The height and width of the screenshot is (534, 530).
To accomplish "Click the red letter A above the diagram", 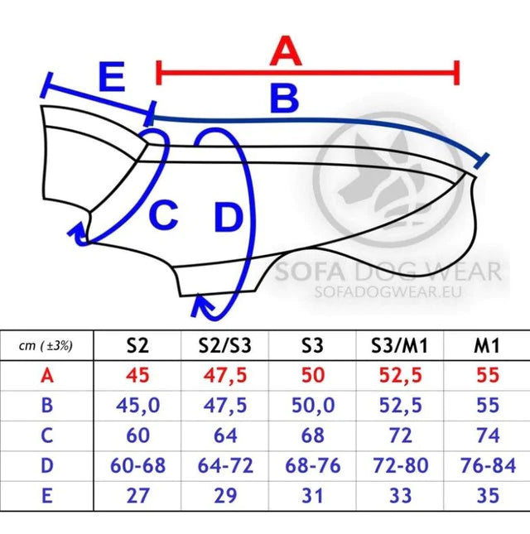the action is pyautogui.click(x=286, y=51).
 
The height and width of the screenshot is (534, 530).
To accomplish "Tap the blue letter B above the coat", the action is pyautogui.click(x=284, y=99).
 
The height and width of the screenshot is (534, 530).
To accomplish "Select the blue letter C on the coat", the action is pyautogui.click(x=163, y=215).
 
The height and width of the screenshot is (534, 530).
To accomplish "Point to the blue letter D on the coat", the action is pyautogui.click(x=229, y=217).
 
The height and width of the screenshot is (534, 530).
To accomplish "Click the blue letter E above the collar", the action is pyautogui.click(x=111, y=77).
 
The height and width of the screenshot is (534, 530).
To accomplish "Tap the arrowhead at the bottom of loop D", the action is pyautogui.click(x=201, y=305).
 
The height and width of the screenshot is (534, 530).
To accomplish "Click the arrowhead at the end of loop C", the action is pyautogui.click(x=79, y=234).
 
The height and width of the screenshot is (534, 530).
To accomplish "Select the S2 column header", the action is pyautogui.click(x=137, y=345).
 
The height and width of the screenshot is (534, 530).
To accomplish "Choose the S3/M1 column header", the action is pyautogui.click(x=399, y=346).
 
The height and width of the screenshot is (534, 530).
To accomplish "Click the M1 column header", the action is pyautogui.click(x=487, y=346).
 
